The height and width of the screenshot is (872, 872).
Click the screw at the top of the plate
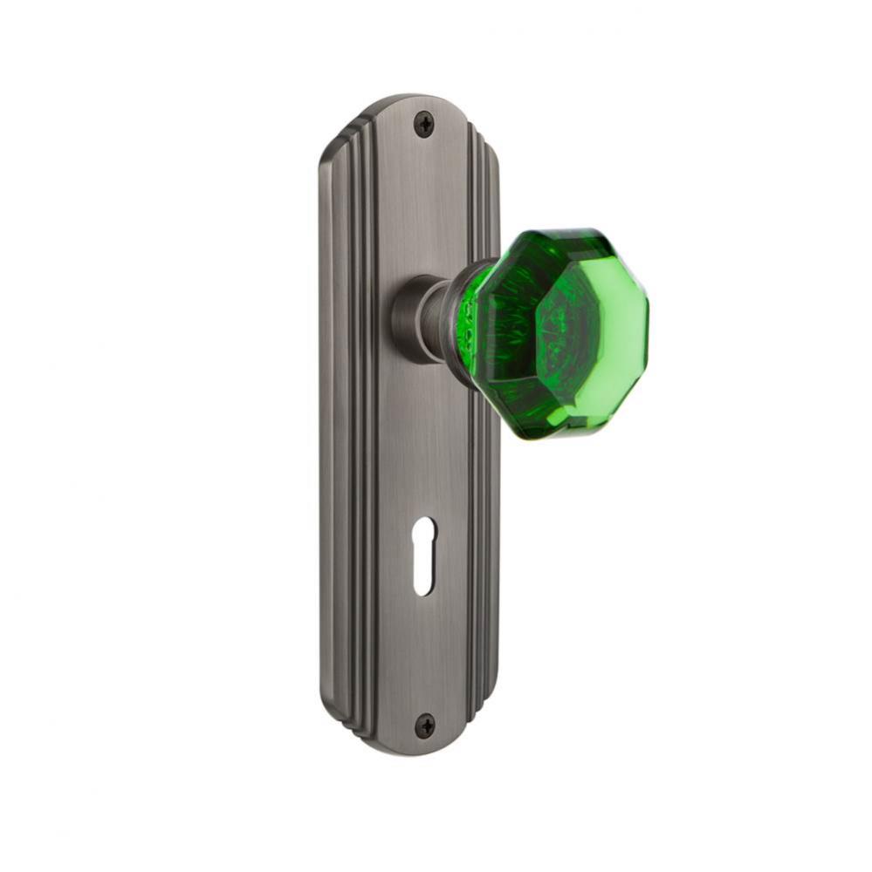(x=423, y=125)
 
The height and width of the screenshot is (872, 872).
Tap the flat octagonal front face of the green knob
(x=589, y=331)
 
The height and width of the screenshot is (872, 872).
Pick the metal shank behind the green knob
(x=434, y=318)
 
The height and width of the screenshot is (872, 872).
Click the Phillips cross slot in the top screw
(x=423, y=125)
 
